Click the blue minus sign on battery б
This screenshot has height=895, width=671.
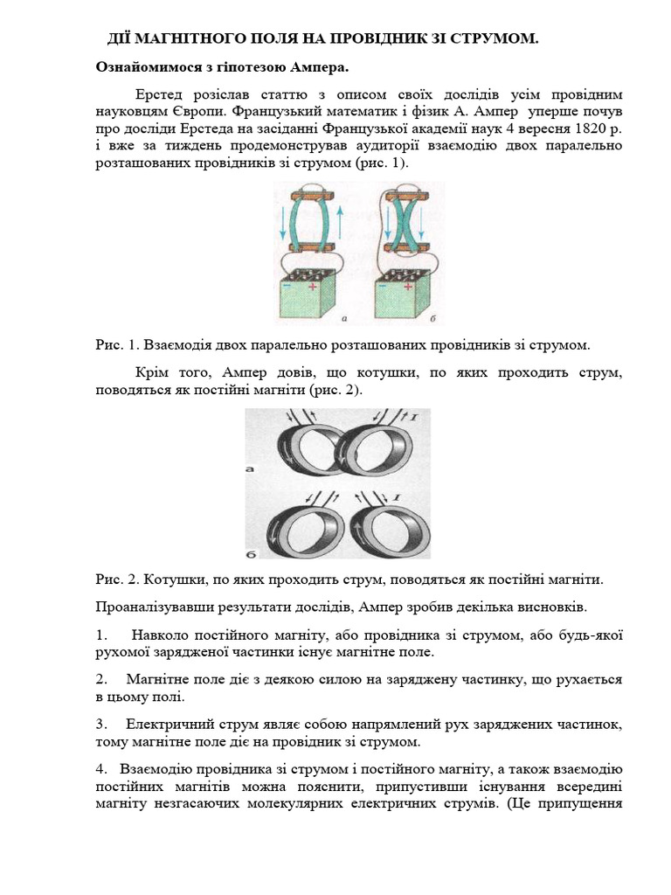[x=382, y=286]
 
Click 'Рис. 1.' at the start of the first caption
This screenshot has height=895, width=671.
[x=114, y=346]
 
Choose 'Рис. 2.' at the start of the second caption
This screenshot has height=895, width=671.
[x=114, y=579]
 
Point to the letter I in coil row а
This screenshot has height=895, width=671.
[x=413, y=420]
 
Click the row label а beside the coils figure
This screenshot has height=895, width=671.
[x=250, y=469]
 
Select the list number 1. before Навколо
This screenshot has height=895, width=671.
[x=101, y=634]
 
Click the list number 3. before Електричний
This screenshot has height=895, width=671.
[x=101, y=725]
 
